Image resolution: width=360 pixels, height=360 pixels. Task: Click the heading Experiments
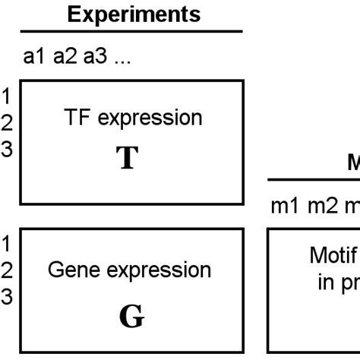pyautogui.click(x=133, y=14)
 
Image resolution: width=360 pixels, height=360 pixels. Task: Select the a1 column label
pyautogui.click(x=35, y=58)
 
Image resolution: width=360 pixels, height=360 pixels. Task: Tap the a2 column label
pyautogui.click(x=65, y=58)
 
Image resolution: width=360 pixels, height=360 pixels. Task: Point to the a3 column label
pyautogui.click(x=96, y=58)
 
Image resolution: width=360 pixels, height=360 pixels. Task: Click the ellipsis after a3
pyautogui.click(x=122, y=60)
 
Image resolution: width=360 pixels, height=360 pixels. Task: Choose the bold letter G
pyautogui.click(x=131, y=316)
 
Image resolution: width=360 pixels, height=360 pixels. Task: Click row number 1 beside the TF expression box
pyautogui.click(x=6, y=96)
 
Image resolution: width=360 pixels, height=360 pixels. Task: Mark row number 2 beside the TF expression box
pyautogui.click(x=6, y=122)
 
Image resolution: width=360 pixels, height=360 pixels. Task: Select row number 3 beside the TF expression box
pyautogui.click(x=6, y=149)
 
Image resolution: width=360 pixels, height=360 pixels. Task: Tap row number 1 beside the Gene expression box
pyautogui.click(x=6, y=244)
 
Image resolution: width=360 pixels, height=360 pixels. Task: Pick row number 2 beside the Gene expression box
pyautogui.click(x=6, y=270)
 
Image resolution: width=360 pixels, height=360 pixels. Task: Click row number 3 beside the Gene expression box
pyautogui.click(x=6, y=297)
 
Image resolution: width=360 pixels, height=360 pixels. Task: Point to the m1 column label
pyautogui.click(x=285, y=207)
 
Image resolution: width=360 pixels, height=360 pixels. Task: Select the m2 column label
pyautogui.click(x=322, y=207)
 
